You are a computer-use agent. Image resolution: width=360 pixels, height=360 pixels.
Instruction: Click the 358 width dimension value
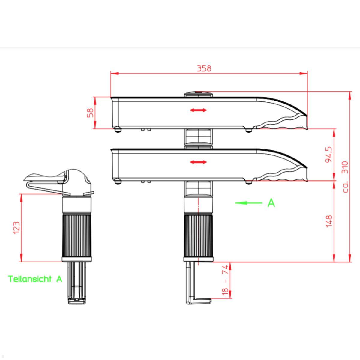pyautogui.click(x=204, y=68)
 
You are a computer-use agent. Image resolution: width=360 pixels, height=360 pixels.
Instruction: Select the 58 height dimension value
pyautogui.click(x=90, y=112)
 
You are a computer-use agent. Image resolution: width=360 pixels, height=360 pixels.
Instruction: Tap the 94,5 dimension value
pyautogui.click(x=329, y=154)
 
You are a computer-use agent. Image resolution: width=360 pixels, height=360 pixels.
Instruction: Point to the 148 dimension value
pyautogui.click(x=329, y=221)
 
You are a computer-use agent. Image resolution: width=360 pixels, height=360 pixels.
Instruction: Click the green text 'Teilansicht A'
pyautogui.click(x=35, y=279)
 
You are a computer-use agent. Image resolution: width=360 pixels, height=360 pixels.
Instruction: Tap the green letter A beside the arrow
pyautogui.click(x=271, y=203)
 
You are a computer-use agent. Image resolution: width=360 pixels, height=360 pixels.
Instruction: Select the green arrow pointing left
pyautogui.click(x=249, y=203)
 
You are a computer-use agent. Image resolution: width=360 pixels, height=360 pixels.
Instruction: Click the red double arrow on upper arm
pyautogui.click(x=198, y=110)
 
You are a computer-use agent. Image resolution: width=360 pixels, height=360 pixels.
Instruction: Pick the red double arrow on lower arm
pyautogui.click(x=198, y=162)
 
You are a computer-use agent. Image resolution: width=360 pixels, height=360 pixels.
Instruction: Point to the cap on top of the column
pyautogui.click(x=198, y=94)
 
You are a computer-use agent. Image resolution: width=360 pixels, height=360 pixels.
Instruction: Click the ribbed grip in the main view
pyautogui.click(x=198, y=235)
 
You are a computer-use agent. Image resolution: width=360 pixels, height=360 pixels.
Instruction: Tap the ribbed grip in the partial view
pyautogui.click(x=76, y=235)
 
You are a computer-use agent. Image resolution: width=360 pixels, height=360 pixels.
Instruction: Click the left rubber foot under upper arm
pyautogui.click(x=118, y=130)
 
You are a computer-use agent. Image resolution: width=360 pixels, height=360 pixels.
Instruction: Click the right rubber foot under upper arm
pyautogui.click(x=248, y=130)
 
